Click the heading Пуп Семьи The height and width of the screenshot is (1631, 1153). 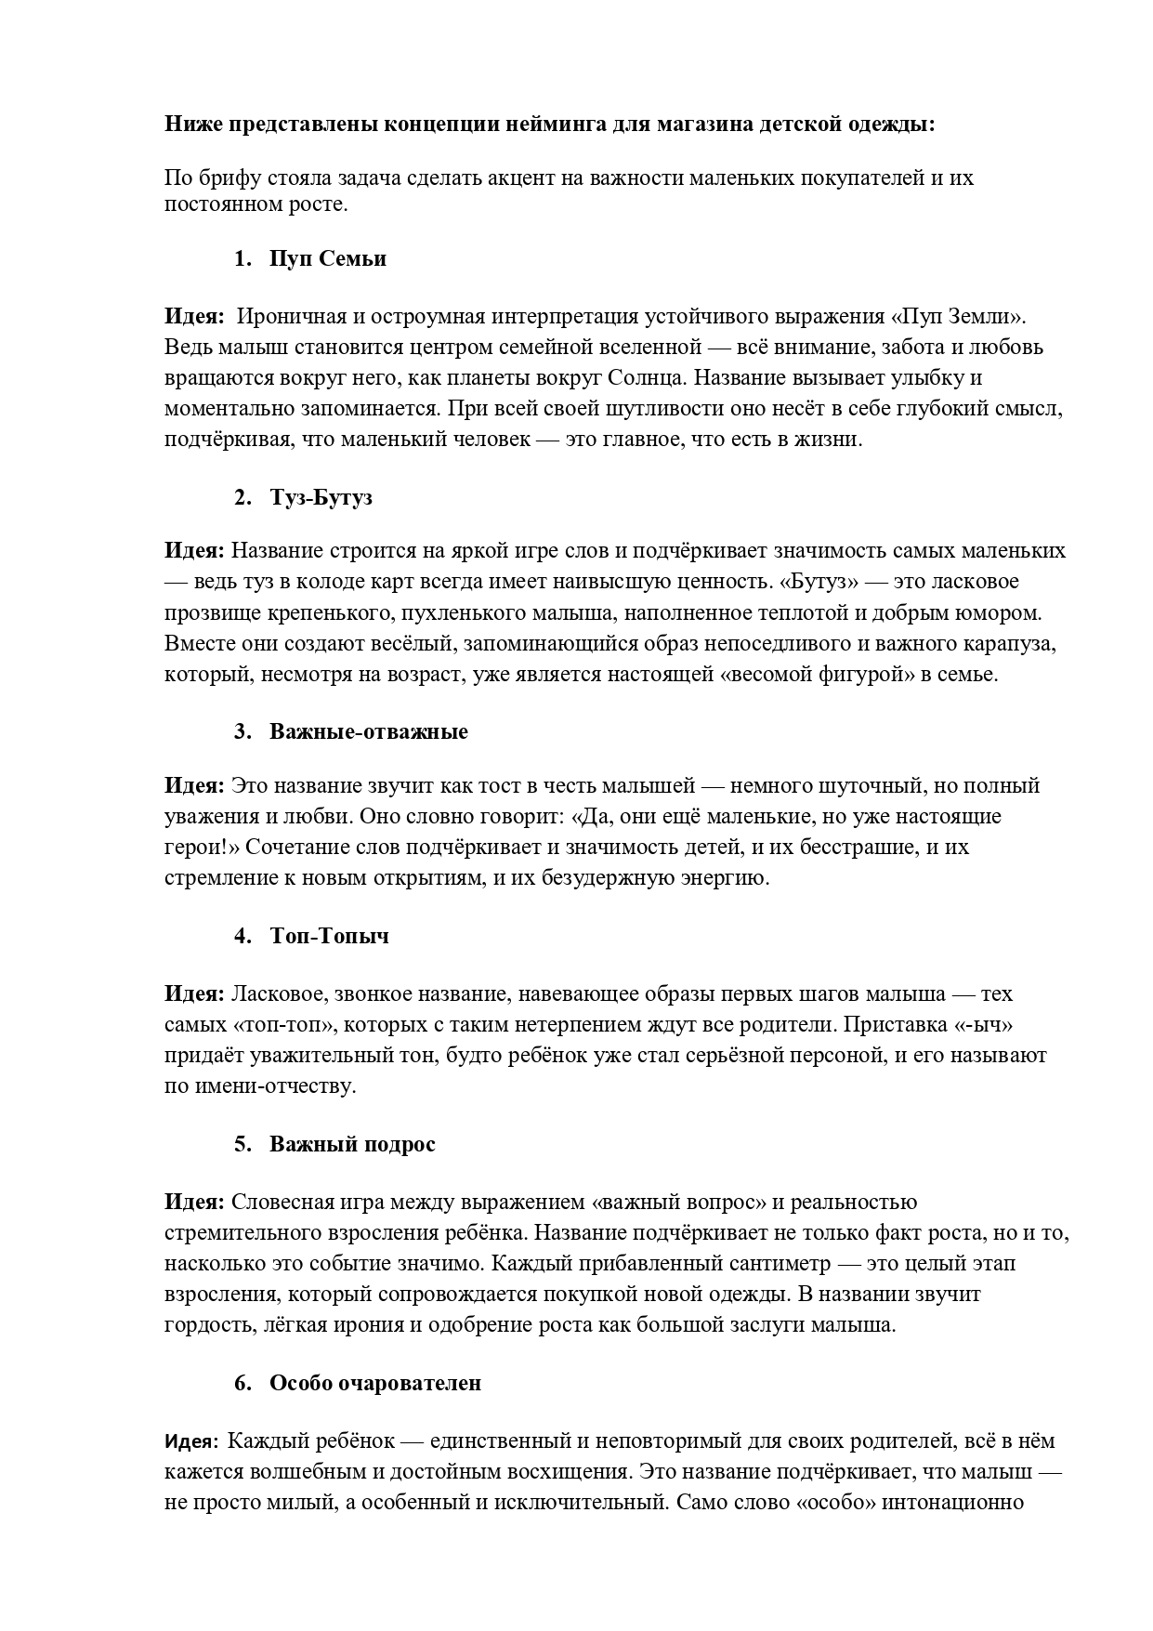click(x=327, y=259)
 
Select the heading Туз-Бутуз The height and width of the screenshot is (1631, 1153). click(x=321, y=497)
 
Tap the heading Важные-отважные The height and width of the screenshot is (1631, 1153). click(x=368, y=731)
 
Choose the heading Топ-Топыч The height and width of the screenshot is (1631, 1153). click(x=329, y=936)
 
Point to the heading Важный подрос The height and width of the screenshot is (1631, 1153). click(x=352, y=1144)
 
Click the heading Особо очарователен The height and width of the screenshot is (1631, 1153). click(x=375, y=1383)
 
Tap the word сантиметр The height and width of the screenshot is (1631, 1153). click(x=782, y=1264)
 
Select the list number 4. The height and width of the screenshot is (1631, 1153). click(x=242, y=936)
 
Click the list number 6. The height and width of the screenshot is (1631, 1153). click(x=242, y=1383)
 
